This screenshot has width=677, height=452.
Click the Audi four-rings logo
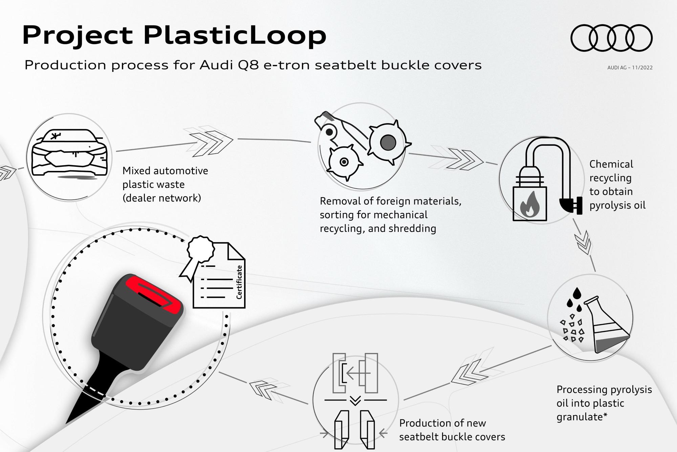(612, 38)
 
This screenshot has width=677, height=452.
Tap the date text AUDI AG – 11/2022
(630, 67)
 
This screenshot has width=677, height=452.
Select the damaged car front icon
(69, 152)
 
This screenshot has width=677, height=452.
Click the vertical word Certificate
(239, 282)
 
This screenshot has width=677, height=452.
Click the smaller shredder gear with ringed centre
(344, 162)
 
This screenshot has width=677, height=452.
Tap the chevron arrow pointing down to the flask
(585, 242)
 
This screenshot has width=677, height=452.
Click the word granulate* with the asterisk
(582, 417)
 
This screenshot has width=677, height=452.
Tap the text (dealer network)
(162, 198)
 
